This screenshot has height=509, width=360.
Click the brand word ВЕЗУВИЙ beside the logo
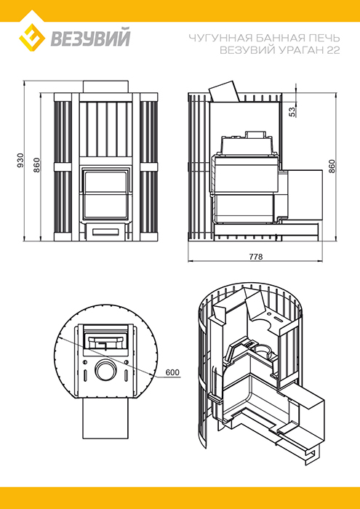point(90,38)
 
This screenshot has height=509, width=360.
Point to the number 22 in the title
point(334,50)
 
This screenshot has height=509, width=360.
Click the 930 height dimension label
point(21,160)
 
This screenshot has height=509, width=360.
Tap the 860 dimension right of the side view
point(332,167)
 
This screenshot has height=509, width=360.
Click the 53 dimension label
point(292,112)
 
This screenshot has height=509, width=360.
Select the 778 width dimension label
point(256,257)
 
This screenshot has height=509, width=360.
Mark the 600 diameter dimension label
point(172,372)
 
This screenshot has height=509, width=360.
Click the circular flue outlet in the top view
point(105,370)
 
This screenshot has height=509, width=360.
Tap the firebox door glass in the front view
point(105,194)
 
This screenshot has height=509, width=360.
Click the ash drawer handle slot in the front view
point(105,231)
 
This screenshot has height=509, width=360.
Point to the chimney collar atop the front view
point(105,87)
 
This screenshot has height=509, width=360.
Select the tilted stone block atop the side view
point(224,92)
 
